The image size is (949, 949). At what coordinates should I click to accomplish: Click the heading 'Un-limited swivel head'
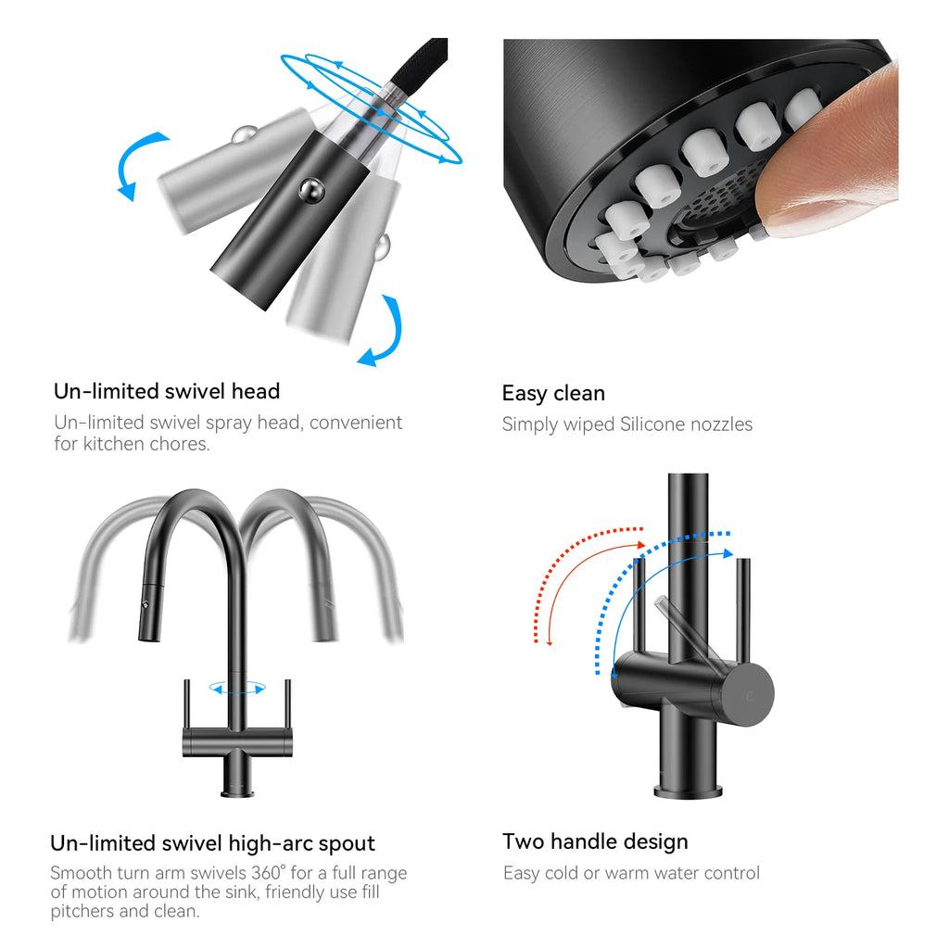click(x=167, y=391)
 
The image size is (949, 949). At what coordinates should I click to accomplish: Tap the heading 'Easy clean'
click(x=553, y=393)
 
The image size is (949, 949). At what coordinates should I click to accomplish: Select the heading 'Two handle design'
click(x=595, y=841)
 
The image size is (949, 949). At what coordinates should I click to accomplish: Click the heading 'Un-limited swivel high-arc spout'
click(x=212, y=843)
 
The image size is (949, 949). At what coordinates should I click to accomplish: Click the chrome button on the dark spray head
click(x=311, y=189)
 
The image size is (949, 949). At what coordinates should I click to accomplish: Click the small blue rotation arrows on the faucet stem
click(x=237, y=688)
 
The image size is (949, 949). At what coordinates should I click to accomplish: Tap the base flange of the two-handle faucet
click(x=689, y=791)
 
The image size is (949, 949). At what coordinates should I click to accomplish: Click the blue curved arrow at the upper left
click(x=136, y=163)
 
